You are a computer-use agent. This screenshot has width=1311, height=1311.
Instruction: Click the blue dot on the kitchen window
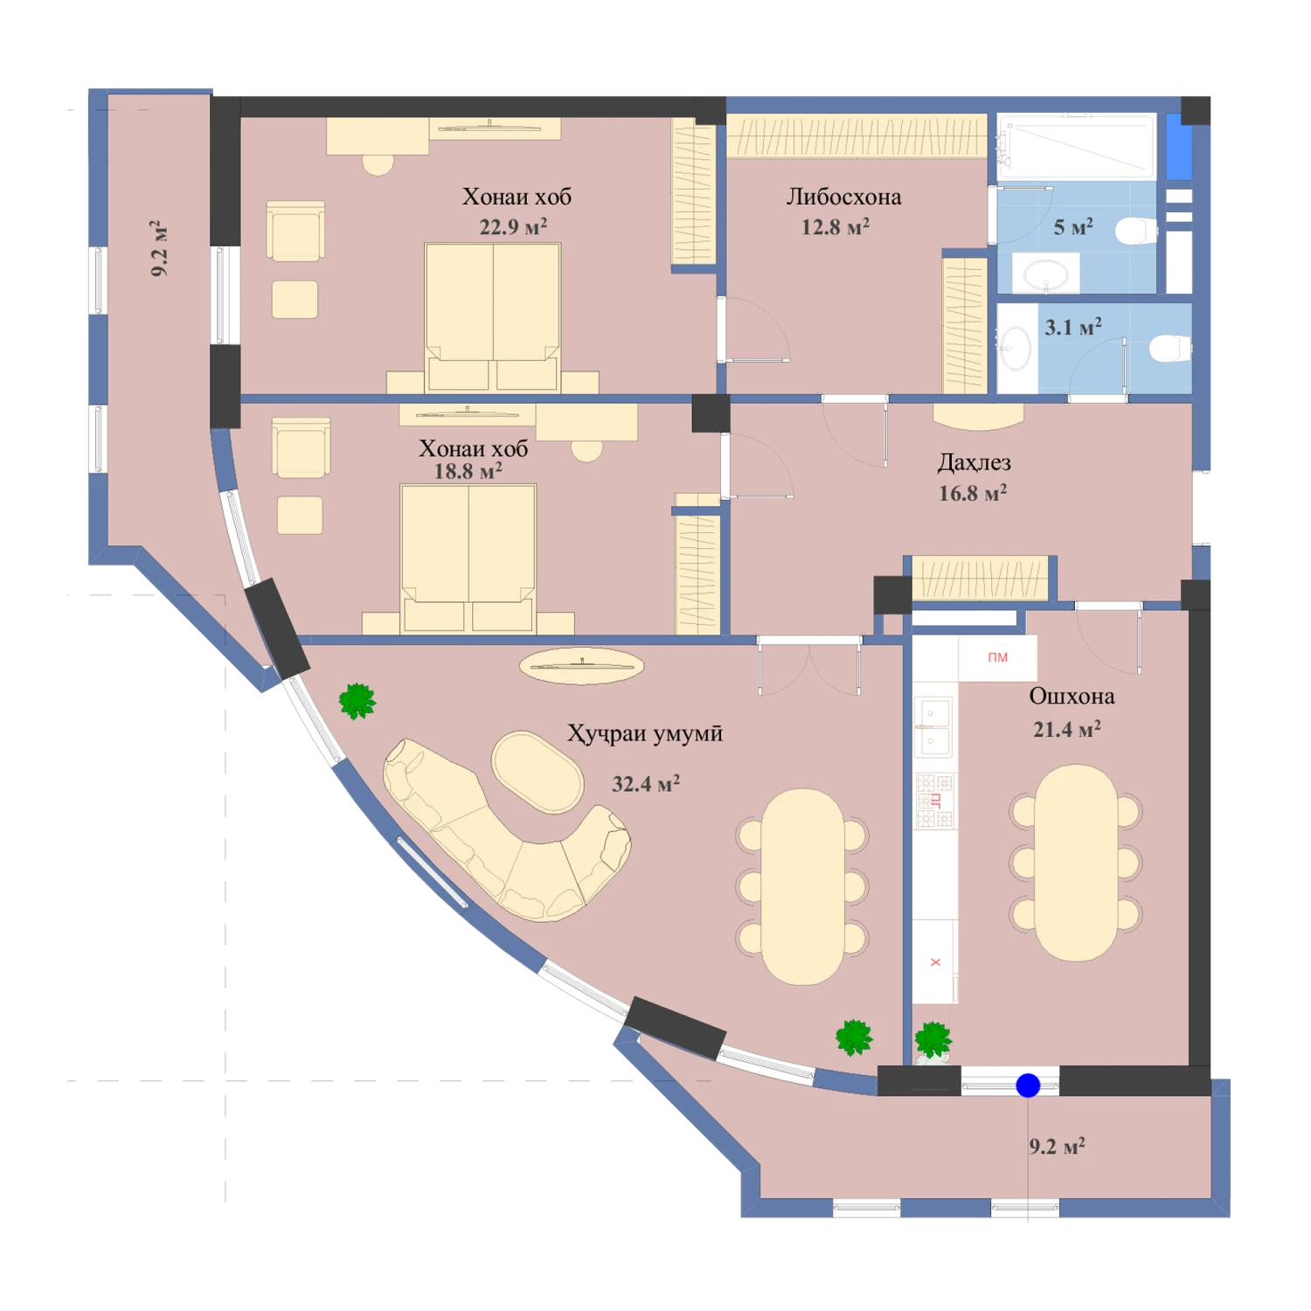(1028, 1086)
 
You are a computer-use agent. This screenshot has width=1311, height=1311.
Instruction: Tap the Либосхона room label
(843, 197)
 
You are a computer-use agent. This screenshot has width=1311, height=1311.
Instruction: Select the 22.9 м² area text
(513, 227)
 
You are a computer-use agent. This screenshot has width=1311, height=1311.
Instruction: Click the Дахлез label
(974, 462)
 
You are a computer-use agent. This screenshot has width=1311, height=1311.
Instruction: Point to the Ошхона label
(1072, 696)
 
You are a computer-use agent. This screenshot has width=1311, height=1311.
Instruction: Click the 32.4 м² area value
(646, 783)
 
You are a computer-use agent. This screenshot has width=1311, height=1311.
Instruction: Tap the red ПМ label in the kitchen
(997, 657)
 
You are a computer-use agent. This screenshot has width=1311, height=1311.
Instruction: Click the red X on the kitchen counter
(935, 962)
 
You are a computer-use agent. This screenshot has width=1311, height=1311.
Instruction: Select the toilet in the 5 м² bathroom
(1136, 231)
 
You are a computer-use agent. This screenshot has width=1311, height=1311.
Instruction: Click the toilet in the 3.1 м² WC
(1170, 348)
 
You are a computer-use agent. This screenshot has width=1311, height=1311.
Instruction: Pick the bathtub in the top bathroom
(1077, 147)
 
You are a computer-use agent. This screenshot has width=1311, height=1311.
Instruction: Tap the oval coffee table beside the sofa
(538, 773)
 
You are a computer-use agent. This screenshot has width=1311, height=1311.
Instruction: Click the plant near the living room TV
(357, 701)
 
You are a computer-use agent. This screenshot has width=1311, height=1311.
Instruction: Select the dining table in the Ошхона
(1076, 863)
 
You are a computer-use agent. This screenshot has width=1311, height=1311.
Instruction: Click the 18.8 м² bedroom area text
(468, 471)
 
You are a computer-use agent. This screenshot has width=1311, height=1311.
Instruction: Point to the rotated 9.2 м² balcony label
(159, 248)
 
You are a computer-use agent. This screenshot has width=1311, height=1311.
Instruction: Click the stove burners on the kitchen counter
(934, 801)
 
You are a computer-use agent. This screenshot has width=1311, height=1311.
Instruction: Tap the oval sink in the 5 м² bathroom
(1045, 274)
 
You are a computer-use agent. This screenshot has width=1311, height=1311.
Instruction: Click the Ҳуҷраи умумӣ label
(645, 733)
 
